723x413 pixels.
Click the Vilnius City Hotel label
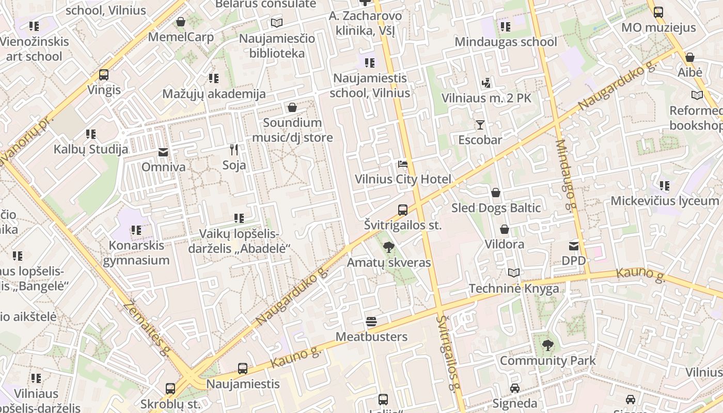(403, 179)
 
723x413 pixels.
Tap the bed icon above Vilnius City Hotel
(403, 165)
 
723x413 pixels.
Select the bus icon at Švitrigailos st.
(403, 210)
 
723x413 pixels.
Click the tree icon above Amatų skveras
(389, 247)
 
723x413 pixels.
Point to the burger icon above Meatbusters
(371, 322)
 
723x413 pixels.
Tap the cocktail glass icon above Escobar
(480, 125)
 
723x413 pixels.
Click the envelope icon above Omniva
(163, 152)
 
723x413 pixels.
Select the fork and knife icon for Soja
(234, 150)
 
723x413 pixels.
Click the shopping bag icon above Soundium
(292, 107)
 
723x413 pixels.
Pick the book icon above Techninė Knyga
(514, 273)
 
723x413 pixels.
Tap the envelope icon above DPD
(574, 246)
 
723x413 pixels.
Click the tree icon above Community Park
(547, 345)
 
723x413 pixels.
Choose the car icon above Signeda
(515, 388)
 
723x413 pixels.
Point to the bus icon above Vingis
(104, 75)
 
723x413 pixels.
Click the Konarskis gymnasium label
(136, 252)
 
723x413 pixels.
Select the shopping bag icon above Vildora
(504, 229)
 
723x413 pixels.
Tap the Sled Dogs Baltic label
(496, 208)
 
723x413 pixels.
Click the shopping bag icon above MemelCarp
(181, 22)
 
